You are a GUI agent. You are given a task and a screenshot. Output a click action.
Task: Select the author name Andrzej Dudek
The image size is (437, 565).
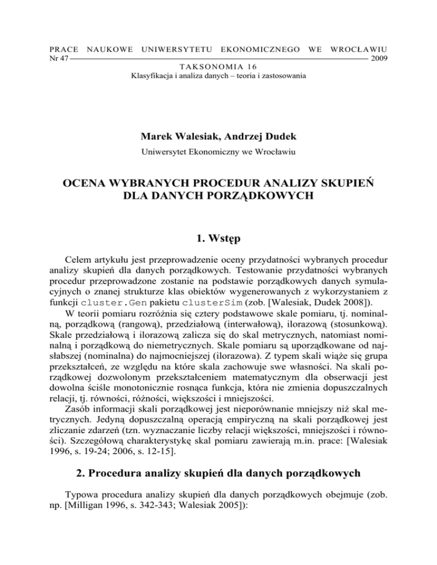tap(257, 121)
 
